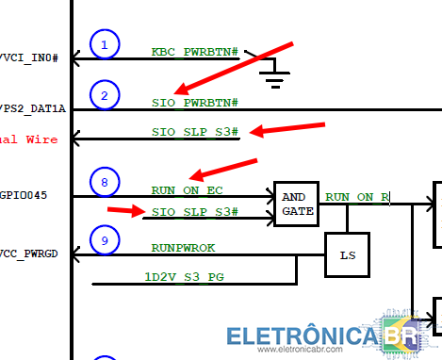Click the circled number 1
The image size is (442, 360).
(x=105, y=43)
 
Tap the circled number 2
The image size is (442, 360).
(x=105, y=94)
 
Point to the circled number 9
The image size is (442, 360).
(x=105, y=241)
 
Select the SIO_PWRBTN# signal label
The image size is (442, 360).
(x=194, y=102)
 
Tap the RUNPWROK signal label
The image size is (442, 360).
(x=184, y=248)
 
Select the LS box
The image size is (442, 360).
(x=347, y=254)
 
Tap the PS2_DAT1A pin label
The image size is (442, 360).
(x=33, y=109)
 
